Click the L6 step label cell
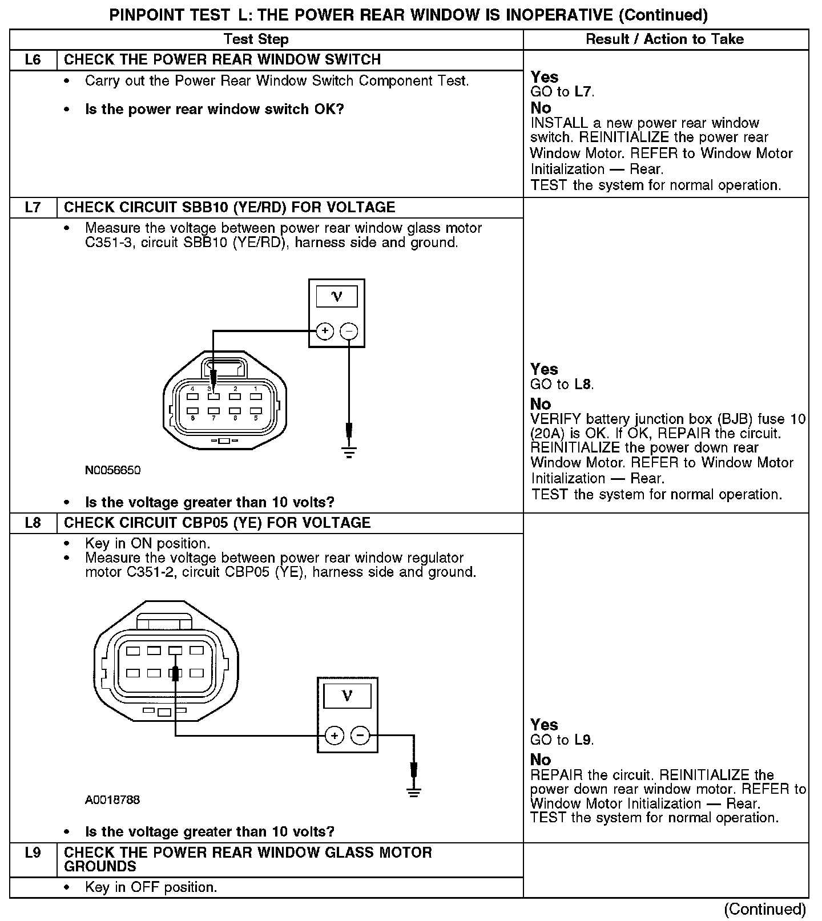33,60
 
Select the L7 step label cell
33,207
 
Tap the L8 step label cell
33,523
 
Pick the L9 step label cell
33,853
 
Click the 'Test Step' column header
256,39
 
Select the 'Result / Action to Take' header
665,39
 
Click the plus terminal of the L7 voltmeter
325,331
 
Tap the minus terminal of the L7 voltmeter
349,331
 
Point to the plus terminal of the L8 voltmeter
335,736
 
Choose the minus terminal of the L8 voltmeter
360,736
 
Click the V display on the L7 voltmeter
337,296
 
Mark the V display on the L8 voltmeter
347,696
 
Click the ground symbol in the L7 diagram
349,453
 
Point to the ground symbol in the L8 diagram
414,791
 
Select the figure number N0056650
112,470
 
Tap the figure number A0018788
112,799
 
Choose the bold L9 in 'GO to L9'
583,740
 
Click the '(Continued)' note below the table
765,908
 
